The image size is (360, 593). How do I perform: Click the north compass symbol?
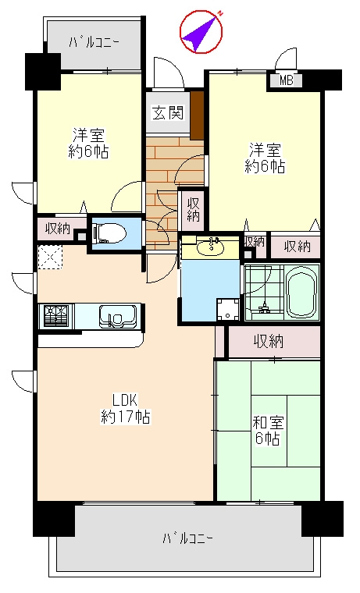click(x=201, y=32)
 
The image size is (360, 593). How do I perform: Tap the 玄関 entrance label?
click(x=168, y=112)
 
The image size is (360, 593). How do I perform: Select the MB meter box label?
click(x=286, y=80)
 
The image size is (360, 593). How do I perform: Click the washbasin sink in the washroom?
click(x=211, y=247)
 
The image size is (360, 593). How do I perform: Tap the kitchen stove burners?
click(x=56, y=315)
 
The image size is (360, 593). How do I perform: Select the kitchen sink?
click(x=118, y=316)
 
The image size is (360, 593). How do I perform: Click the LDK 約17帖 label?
click(x=125, y=408)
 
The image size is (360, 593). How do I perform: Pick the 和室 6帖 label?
click(x=268, y=431)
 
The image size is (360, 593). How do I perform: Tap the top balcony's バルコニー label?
click(x=94, y=41)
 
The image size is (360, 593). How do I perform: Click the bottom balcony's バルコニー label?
click(x=187, y=538)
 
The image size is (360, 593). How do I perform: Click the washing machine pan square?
click(x=228, y=310)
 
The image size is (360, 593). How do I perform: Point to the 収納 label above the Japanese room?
click(x=269, y=342)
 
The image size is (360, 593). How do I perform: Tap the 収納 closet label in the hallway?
click(x=193, y=210)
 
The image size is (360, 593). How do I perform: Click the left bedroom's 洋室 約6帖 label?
click(x=88, y=144)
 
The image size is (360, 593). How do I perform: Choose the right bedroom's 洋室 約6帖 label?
click(x=265, y=158)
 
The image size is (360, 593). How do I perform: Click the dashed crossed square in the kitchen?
click(x=50, y=257)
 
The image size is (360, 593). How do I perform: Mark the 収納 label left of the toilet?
click(x=58, y=229)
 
